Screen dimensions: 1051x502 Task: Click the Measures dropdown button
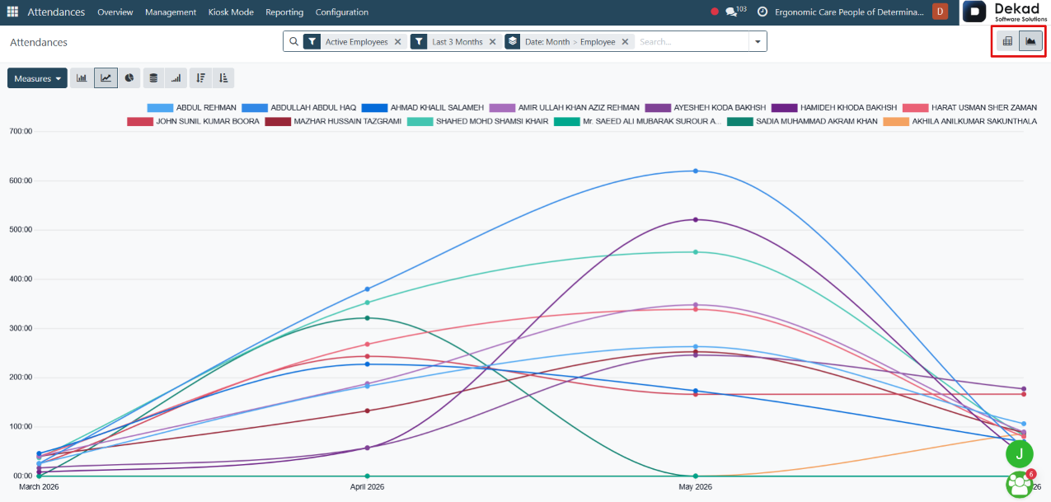[37, 78]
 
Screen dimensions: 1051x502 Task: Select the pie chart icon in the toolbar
[129, 77]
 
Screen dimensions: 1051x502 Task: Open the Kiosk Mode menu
[231, 12]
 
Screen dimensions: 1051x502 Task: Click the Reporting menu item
[284, 12]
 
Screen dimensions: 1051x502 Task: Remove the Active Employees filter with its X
[398, 42]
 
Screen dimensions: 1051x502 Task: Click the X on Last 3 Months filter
[493, 42]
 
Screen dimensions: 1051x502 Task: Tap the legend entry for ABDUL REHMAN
[191, 108]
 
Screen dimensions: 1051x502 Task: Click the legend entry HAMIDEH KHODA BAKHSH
[833, 108]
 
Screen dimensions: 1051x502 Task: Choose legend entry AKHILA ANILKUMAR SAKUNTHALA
[960, 121]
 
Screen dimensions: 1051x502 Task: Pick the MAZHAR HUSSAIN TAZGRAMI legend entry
[333, 121]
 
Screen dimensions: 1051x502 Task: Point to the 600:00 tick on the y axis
[21, 181]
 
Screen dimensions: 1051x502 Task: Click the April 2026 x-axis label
[367, 487]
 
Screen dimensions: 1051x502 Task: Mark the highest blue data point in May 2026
[696, 171]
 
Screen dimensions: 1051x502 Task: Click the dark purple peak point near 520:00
[696, 219]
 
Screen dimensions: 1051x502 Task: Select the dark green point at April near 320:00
[368, 318]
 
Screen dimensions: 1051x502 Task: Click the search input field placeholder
[655, 42]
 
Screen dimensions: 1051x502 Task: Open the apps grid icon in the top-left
[12, 12]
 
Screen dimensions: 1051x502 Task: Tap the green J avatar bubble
[1019, 453]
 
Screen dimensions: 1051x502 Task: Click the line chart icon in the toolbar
[106, 77]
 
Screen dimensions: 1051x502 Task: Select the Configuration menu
[341, 12]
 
